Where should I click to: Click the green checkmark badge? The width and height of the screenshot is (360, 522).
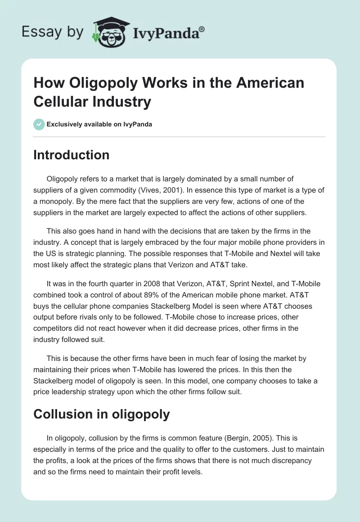click(39, 124)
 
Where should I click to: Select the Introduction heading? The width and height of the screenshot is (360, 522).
click(72, 155)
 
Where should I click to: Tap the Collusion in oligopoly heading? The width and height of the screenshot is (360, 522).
click(102, 414)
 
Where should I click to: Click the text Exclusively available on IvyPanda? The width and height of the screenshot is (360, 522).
click(99, 124)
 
